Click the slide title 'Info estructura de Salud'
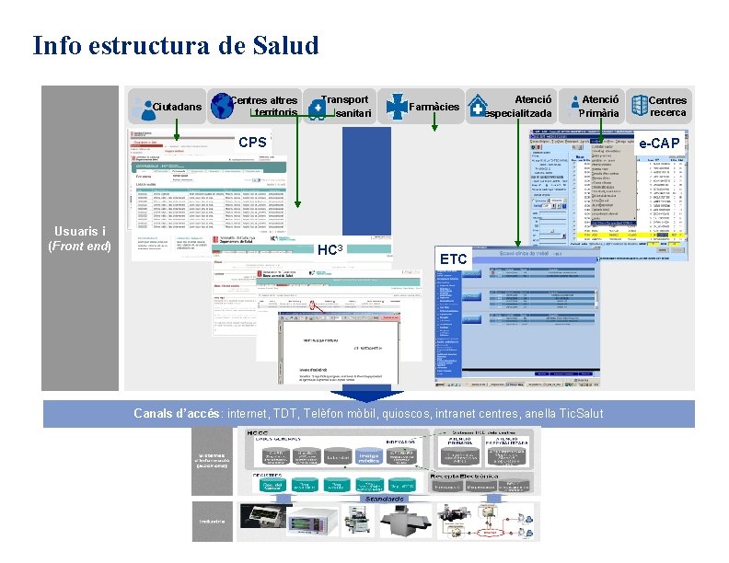[175, 45]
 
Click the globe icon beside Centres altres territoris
[222, 107]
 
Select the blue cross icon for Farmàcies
[396, 107]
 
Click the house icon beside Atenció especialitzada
[478, 107]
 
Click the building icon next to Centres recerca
[638, 107]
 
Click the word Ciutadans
[177, 108]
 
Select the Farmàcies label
[433, 108]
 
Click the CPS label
[252, 143]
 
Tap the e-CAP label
[660, 144]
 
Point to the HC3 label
[330, 250]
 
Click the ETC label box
[454, 259]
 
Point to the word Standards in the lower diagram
[383, 498]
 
